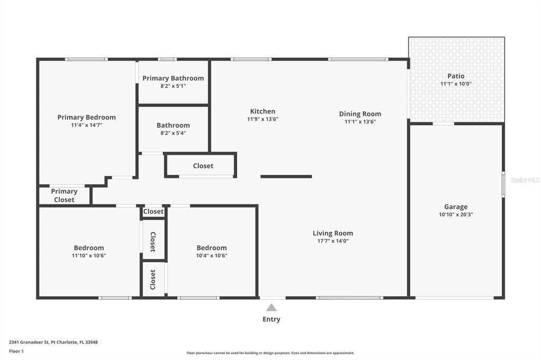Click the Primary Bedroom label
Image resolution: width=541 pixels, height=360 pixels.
point(86,117)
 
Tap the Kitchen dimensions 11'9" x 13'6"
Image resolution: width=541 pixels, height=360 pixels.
point(263,119)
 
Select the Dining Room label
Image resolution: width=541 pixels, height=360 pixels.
point(360,113)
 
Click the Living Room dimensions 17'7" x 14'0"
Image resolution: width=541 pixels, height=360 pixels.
point(332,241)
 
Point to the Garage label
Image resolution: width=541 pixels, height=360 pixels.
point(455,207)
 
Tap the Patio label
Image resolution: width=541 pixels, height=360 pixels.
point(455,76)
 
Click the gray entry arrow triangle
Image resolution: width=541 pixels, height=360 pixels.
point(271,308)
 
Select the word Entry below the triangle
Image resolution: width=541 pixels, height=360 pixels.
point(271,319)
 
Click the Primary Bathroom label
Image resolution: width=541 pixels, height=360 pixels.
point(173,78)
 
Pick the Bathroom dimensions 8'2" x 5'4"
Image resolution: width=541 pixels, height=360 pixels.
point(173,133)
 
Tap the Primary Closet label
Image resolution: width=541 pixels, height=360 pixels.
point(64,195)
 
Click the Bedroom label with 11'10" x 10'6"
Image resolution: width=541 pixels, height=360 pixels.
point(88,248)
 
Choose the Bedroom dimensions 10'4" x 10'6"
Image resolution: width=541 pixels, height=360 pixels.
point(211,255)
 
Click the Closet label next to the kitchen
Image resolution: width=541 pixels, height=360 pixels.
point(203,166)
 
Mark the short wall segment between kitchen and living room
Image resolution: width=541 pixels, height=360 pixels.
point(286,176)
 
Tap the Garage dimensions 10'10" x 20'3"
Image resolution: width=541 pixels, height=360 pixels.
point(455,215)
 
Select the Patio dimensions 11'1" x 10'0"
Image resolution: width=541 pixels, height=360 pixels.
point(455,84)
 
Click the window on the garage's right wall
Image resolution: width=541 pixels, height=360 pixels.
point(503,185)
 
